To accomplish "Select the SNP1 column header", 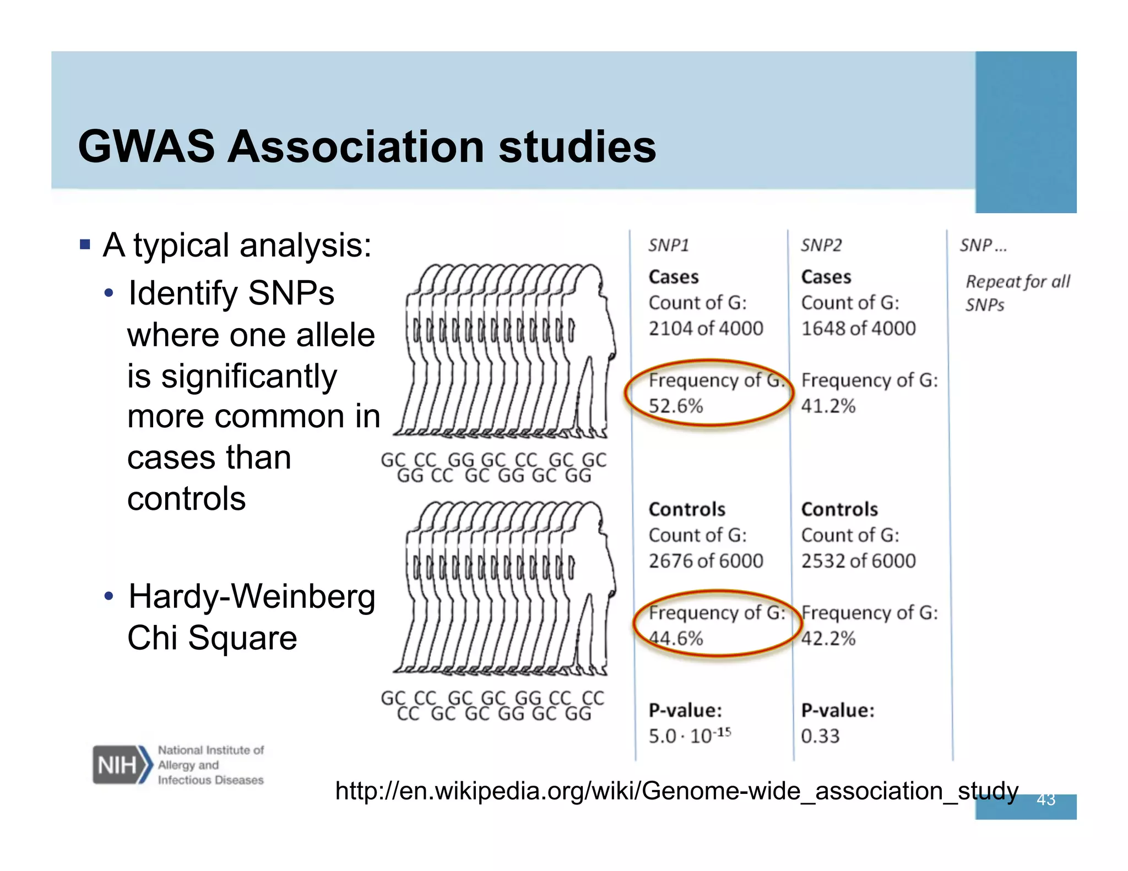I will (x=668, y=245).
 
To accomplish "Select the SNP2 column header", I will (x=821, y=245).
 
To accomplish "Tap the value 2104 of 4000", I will (x=706, y=329).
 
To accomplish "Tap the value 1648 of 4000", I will (x=858, y=329).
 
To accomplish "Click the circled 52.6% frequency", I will (x=676, y=406).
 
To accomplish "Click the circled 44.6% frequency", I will (x=676, y=639).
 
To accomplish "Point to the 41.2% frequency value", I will (x=828, y=406).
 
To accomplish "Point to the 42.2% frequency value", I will (x=828, y=639).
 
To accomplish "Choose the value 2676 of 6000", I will (x=706, y=561).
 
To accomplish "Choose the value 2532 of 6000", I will (x=858, y=561).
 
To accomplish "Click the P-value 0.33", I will (x=820, y=736).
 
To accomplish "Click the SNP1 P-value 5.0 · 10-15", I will (x=689, y=736).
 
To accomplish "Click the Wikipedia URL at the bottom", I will (x=676, y=791).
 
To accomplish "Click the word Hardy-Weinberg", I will (x=252, y=597).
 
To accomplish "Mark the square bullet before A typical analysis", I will (x=85, y=244).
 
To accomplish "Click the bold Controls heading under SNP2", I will (x=839, y=509).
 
